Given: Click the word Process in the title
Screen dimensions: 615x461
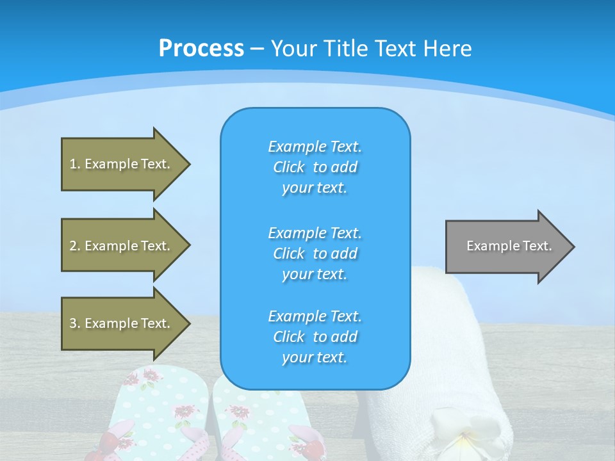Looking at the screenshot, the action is pos(201,49).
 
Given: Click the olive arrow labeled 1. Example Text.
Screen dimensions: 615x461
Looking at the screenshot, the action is pos(126,164).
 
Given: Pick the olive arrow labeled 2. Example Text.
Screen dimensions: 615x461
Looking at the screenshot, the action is pos(126,245).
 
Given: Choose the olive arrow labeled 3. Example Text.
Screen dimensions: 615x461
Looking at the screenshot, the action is pos(126,323).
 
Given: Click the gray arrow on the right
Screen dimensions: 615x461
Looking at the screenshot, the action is pos(510,247).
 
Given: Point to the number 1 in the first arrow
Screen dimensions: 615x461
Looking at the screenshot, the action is pos(73,164).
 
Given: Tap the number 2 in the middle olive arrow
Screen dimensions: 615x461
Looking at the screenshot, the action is pos(73,246).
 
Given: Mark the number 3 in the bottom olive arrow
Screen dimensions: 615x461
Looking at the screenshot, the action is pos(73,323).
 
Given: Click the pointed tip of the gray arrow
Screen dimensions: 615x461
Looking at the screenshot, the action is pos(575,247).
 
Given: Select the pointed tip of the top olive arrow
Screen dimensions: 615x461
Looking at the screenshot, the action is pos(190,165).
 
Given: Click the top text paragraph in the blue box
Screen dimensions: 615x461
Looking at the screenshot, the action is pos(315,167).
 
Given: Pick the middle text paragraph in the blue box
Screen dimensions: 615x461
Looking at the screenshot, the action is pos(315,254).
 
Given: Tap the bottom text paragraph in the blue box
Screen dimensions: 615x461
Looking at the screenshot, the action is pos(315,337).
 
